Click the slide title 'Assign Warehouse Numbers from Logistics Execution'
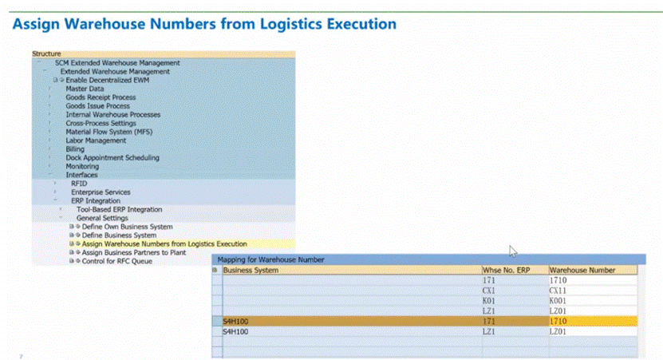click(x=204, y=24)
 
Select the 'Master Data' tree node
click(x=85, y=89)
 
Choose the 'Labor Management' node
click(x=96, y=140)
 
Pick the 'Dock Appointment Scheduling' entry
click(x=112, y=158)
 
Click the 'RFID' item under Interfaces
click(x=79, y=184)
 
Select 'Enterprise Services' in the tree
click(x=101, y=192)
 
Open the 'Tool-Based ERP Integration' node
click(x=119, y=209)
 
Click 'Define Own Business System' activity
click(x=127, y=227)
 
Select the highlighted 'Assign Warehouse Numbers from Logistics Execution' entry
click(x=164, y=243)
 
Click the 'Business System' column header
click(x=251, y=271)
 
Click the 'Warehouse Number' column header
click(x=582, y=271)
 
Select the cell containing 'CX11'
click(x=558, y=291)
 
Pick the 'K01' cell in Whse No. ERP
click(x=490, y=301)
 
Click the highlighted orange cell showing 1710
click(x=558, y=321)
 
